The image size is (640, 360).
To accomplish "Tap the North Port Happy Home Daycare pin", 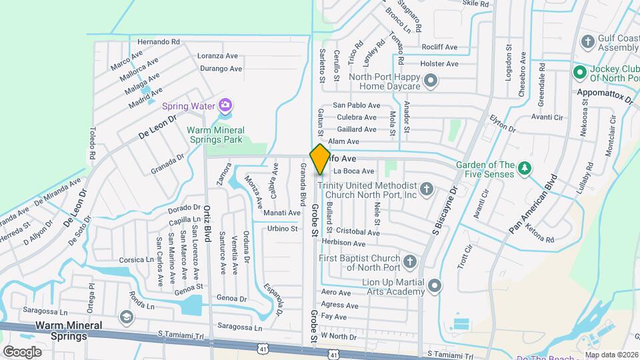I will point(431,81).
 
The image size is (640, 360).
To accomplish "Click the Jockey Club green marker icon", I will point(579,71).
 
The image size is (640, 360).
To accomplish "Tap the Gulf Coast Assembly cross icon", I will point(587,41).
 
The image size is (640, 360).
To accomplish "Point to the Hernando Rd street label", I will point(158,41).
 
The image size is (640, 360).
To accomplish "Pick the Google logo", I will point(22,351).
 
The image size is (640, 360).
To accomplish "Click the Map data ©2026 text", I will point(612,355).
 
